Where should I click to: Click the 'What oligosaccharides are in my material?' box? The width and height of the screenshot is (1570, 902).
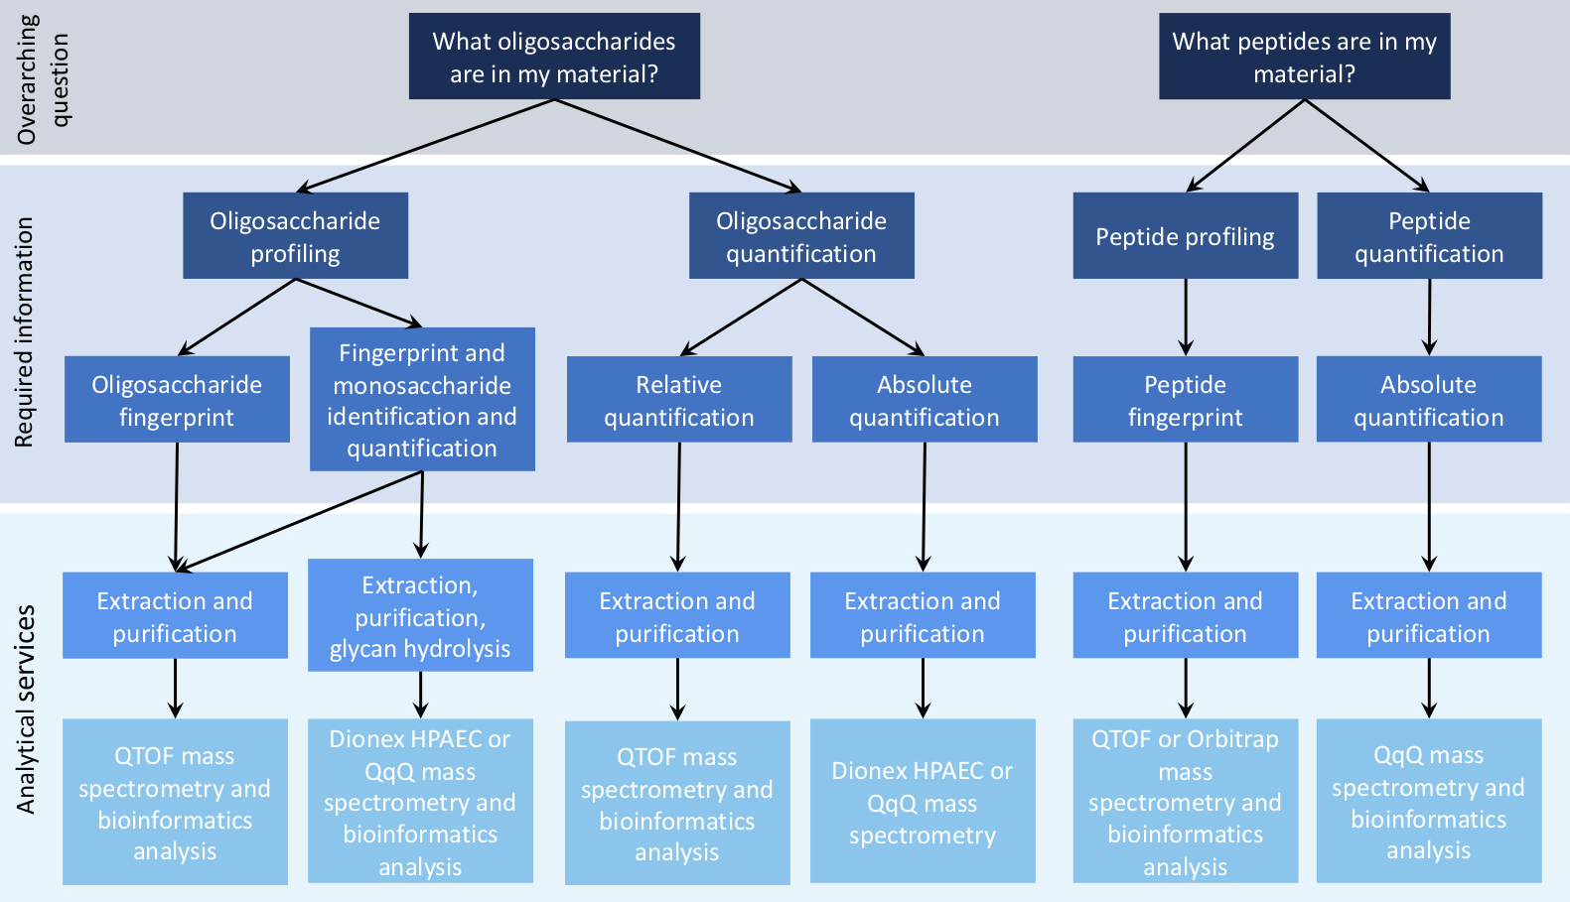554,56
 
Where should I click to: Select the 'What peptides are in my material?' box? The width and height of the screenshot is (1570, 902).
1305,56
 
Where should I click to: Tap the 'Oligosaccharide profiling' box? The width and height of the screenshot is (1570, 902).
296,235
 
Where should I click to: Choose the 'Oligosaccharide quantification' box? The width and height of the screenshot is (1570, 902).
801,235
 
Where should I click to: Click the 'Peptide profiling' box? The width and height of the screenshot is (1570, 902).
1186,235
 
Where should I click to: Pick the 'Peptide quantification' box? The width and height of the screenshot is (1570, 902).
1429,235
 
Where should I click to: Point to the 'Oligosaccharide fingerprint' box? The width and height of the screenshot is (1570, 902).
178,399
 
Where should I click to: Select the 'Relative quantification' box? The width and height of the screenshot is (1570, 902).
679,399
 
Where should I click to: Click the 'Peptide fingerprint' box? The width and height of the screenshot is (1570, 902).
1186,399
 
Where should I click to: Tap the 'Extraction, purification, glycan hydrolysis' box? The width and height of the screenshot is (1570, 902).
420,615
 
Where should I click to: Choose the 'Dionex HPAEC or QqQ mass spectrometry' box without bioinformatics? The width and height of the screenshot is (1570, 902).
923,801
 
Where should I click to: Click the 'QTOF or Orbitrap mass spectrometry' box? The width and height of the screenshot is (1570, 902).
1186,801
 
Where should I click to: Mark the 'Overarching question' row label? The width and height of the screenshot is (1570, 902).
43,79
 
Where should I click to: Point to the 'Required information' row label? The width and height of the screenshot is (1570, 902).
24,332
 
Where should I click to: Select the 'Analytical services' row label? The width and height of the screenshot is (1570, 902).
25,709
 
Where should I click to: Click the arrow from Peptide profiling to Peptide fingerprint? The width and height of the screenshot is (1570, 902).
1186,318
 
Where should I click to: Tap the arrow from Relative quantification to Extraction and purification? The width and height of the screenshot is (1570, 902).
678,507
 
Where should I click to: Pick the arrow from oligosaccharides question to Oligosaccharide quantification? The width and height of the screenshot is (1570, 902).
678,146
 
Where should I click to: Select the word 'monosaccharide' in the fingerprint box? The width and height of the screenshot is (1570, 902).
422,385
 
